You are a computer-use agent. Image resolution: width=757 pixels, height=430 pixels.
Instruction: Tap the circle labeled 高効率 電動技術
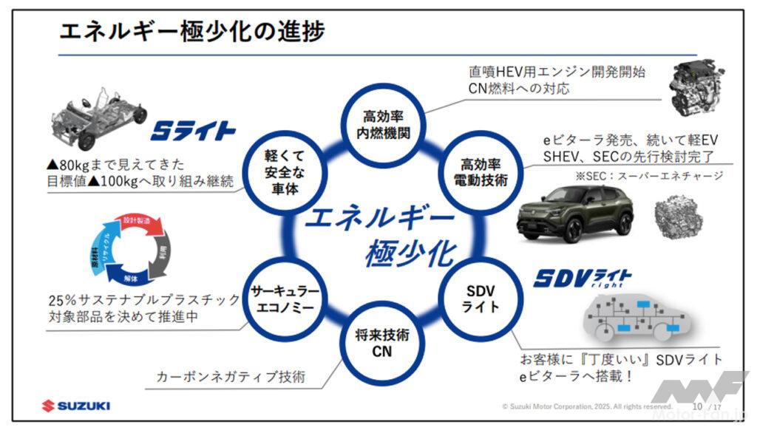(x=484, y=171)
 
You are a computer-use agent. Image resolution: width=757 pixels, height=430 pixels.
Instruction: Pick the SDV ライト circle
(x=484, y=296)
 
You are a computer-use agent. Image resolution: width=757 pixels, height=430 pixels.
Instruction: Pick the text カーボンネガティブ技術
(x=230, y=376)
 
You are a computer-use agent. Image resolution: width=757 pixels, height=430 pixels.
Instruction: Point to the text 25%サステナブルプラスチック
(x=140, y=301)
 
